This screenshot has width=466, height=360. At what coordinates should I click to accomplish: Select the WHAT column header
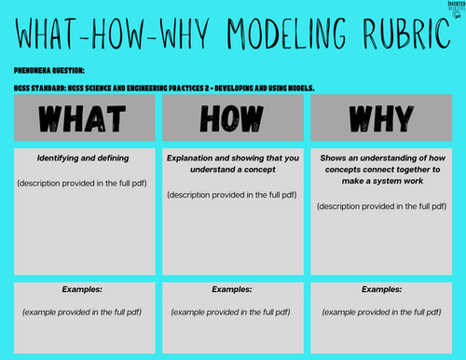pos(80,118)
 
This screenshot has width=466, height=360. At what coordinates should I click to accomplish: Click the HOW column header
pos(232,118)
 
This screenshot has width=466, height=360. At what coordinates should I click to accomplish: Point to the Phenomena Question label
pos(48,70)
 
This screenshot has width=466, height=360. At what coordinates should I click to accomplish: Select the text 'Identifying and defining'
pos(80,158)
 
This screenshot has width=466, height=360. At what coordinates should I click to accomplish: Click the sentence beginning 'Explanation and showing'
pos(232,164)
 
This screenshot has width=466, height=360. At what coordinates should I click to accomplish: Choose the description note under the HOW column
pos(232,194)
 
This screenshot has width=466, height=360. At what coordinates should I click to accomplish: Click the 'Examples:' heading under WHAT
pos(80,290)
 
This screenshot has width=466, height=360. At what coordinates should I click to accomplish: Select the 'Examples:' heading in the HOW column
pos(232,290)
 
